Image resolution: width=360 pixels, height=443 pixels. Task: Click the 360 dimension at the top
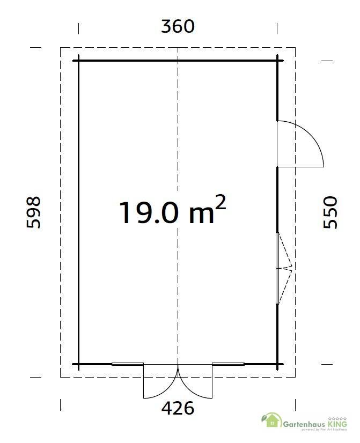point(178,26)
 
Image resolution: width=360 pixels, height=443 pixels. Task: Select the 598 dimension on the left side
point(33,212)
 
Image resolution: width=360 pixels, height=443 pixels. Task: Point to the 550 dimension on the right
point(330,212)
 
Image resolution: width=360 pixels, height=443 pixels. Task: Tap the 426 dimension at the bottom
point(178,409)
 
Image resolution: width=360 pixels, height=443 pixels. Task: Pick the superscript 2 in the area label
point(220,202)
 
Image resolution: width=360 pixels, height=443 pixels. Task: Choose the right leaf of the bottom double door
point(196,382)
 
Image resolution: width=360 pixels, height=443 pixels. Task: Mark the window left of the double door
point(128,364)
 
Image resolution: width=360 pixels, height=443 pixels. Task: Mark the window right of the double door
point(228,364)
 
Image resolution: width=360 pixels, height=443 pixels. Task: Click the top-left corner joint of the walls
point(79,60)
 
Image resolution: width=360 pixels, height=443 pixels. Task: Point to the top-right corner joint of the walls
point(277,60)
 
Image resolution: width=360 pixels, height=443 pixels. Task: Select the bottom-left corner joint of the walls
point(79,365)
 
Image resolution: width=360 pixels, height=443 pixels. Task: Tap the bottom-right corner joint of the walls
point(277,365)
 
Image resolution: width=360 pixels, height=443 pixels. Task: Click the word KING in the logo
point(339,423)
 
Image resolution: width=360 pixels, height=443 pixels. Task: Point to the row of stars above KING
point(339,417)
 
